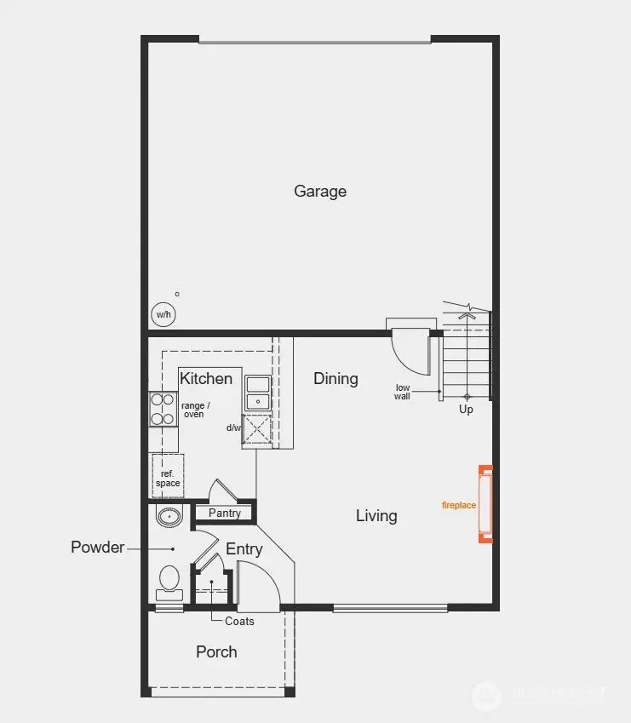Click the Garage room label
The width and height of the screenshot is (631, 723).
(320, 191)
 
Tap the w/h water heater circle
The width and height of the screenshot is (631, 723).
(163, 314)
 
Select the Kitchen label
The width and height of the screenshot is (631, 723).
(206, 378)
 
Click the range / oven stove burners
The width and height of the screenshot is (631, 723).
(163, 408)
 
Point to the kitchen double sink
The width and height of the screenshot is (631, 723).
(256, 393)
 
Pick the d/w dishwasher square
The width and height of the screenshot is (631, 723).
(256, 429)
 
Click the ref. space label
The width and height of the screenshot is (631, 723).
(168, 479)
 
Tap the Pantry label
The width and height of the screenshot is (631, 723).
(225, 513)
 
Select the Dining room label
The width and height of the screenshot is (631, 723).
(336, 378)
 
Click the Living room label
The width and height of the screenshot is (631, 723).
(376, 515)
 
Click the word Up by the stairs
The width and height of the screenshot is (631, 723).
(466, 410)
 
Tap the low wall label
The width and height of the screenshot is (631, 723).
(403, 393)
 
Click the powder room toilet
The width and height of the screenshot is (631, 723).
(169, 582)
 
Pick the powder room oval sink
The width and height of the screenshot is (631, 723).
(170, 515)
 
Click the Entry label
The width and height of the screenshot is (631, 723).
(244, 549)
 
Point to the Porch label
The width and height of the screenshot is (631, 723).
(216, 651)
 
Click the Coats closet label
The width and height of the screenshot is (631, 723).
(239, 621)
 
